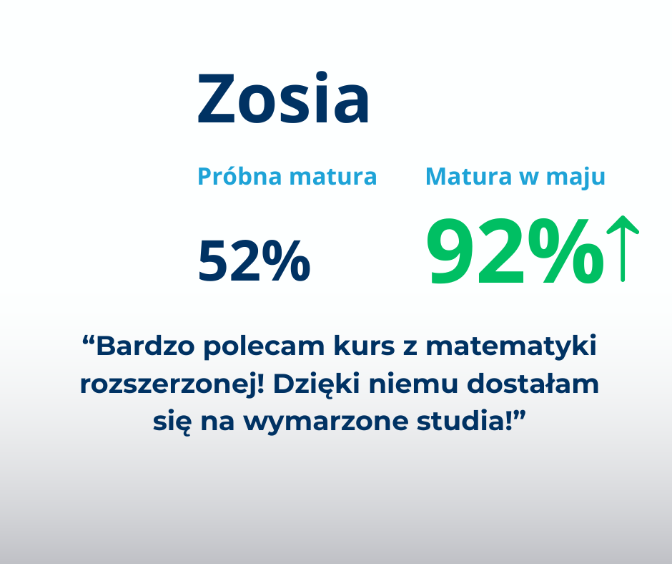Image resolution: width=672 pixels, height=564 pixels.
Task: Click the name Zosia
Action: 283,98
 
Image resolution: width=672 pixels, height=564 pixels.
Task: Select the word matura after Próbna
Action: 333,177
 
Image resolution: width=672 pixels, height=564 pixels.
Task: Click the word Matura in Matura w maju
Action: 469,176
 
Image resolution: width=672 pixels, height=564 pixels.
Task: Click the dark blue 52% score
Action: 254,261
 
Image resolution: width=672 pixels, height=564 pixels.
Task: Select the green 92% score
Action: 515,251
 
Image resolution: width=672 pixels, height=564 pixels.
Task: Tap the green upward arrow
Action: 623,248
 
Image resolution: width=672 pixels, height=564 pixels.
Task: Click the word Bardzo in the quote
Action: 145,346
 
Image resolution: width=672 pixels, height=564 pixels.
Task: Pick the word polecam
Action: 264,346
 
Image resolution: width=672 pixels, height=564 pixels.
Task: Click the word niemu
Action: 414,384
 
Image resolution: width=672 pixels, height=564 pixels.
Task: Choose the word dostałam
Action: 533,384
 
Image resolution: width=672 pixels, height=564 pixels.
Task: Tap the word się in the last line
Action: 172,422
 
